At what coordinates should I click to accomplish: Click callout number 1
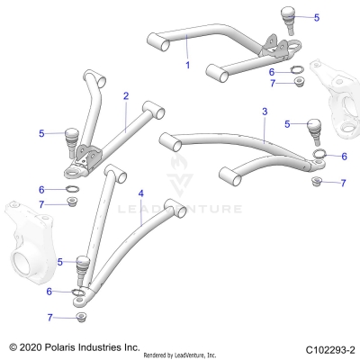(187, 66)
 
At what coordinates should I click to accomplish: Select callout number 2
(126, 95)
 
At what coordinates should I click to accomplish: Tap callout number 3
(264, 112)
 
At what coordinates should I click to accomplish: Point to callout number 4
(141, 193)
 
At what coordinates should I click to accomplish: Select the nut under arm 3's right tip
(316, 183)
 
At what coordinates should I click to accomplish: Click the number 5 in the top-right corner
(316, 17)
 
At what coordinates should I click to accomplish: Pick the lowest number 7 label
(50, 317)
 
